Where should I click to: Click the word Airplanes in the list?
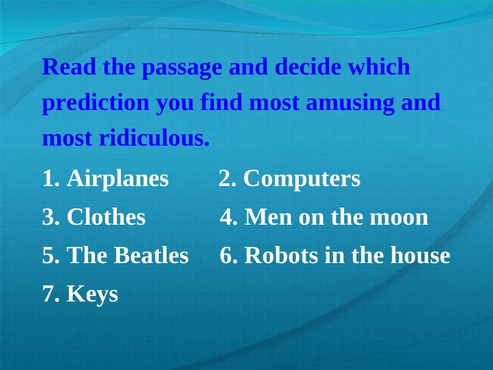pos(118,179)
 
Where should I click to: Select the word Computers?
pos(302,179)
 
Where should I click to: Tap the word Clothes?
pos(106,217)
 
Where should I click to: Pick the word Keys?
pos(92,295)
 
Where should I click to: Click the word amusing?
pos(350,103)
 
